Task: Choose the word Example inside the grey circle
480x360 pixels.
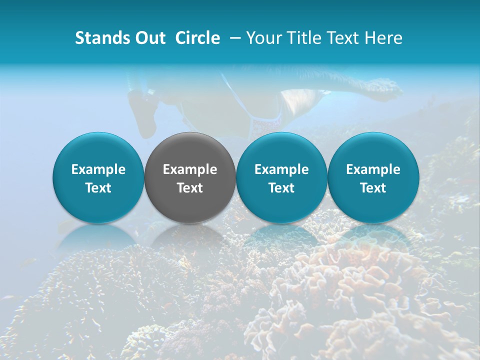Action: click(190, 169)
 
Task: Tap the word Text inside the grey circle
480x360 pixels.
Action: click(190, 188)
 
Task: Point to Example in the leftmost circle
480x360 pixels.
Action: click(98, 169)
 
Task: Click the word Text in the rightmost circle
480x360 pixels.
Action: click(373, 188)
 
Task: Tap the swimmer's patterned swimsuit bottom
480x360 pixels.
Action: click(265, 122)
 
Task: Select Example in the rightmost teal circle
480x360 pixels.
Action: click(373, 169)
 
